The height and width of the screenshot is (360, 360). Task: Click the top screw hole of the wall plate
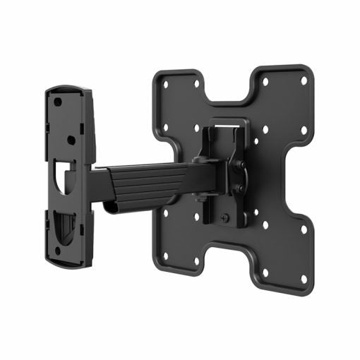(x=58, y=101)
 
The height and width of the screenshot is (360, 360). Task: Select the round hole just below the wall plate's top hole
(x=71, y=139)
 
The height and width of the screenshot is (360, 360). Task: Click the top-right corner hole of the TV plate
(x=304, y=80)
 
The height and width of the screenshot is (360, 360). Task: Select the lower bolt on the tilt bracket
(x=239, y=188)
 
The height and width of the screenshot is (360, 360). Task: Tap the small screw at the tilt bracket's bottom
(x=225, y=216)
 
